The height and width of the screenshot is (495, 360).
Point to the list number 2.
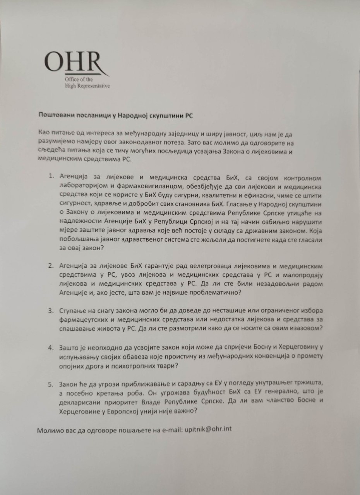[x=51, y=266]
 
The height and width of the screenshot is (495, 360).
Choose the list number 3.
[x=51, y=311]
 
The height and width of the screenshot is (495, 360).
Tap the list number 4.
[x=51, y=347]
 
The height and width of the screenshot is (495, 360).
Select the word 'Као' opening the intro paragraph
[x=44, y=133]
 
